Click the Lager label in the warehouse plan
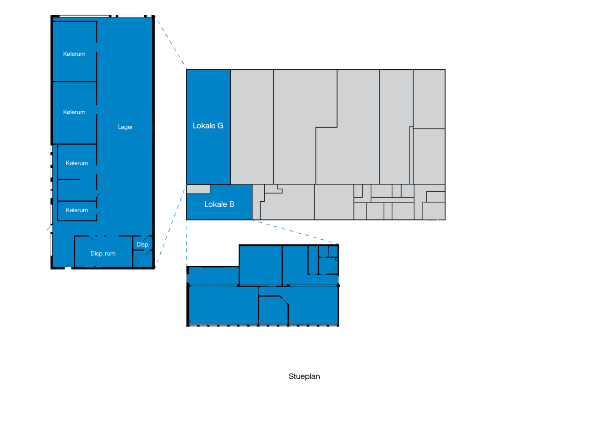(125, 127)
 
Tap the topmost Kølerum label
(74, 54)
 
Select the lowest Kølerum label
(77, 210)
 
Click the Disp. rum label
(103, 253)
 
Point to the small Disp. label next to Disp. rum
(143, 244)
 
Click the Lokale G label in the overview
(208, 125)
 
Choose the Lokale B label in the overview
(219, 204)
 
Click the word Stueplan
(304, 376)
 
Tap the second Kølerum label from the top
(74, 112)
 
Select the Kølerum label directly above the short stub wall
(77, 163)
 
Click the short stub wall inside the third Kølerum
(69, 179)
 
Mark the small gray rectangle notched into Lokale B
(198, 189)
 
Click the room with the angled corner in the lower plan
(273, 310)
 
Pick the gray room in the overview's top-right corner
(429, 99)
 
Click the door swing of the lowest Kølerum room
(99, 212)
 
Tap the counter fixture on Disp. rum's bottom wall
(93, 264)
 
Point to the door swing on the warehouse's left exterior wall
(50, 229)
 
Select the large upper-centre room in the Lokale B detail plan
(261, 265)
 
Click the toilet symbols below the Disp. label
(136, 259)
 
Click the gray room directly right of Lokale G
(252, 127)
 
